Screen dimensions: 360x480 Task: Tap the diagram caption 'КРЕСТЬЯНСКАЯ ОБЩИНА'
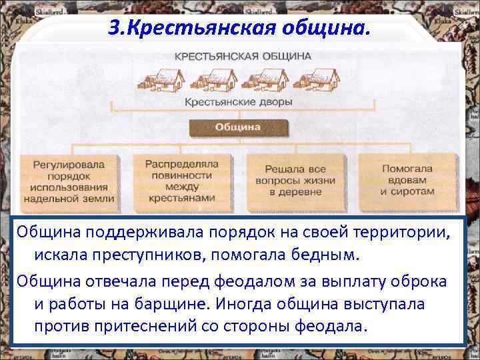click(243, 57)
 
